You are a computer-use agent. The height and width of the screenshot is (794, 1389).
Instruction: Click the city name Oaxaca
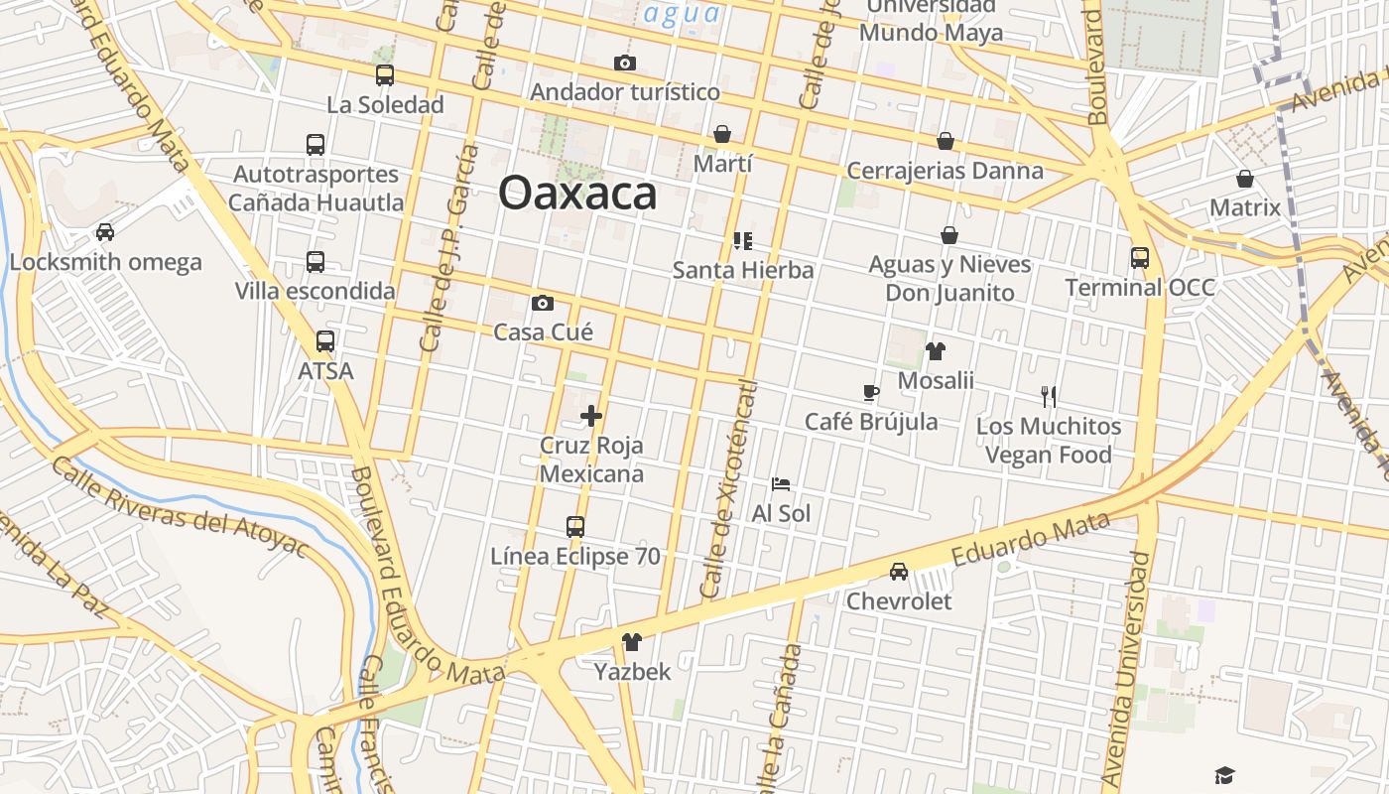pyautogui.click(x=576, y=193)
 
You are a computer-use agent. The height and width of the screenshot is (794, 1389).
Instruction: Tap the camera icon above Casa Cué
pyautogui.click(x=543, y=303)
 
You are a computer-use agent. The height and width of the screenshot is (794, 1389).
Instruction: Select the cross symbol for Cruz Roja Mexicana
pyautogui.click(x=591, y=416)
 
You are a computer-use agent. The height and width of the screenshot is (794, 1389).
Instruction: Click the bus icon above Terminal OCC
pyautogui.click(x=1140, y=258)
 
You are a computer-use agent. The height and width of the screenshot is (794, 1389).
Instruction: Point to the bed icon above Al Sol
pyautogui.click(x=781, y=484)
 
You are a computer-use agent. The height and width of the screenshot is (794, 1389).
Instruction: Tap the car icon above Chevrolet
pyautogui.click(x=898, y=572)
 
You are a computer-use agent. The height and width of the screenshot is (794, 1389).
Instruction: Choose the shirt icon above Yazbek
pyautogui.click(x=632, y=642)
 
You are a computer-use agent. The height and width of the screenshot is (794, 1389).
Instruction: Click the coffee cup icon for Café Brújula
pyautogui.click(x=870, y=392)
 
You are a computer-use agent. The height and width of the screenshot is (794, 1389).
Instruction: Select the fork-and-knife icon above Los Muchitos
pyautogui.click(x=1049, y=397)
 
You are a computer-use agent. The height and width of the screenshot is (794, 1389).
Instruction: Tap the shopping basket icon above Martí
pyautogui.click(x=722, y=134)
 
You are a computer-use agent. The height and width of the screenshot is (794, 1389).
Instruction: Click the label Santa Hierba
pyautogui.click(x=743, y=270)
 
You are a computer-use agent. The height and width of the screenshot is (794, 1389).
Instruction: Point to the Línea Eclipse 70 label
pyautogui.click(x=575, y=557)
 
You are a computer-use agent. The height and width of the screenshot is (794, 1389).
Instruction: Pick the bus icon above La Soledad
pyautogui.click(x=385, y=75)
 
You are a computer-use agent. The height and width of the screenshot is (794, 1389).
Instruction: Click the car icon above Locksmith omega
pyautogui.click(x=104, y=232)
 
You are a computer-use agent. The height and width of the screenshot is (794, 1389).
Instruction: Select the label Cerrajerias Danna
pyautogui.click(x=945, y=171)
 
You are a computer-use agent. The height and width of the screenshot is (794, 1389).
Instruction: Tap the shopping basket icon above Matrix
pyautogui.click(x=1245, y=180)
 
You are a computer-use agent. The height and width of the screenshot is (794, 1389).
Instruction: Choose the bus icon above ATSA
pyautogui.click(x=325, y=341)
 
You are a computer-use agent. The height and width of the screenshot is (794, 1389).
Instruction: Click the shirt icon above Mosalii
pyautogui.click(x=936, y=350)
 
